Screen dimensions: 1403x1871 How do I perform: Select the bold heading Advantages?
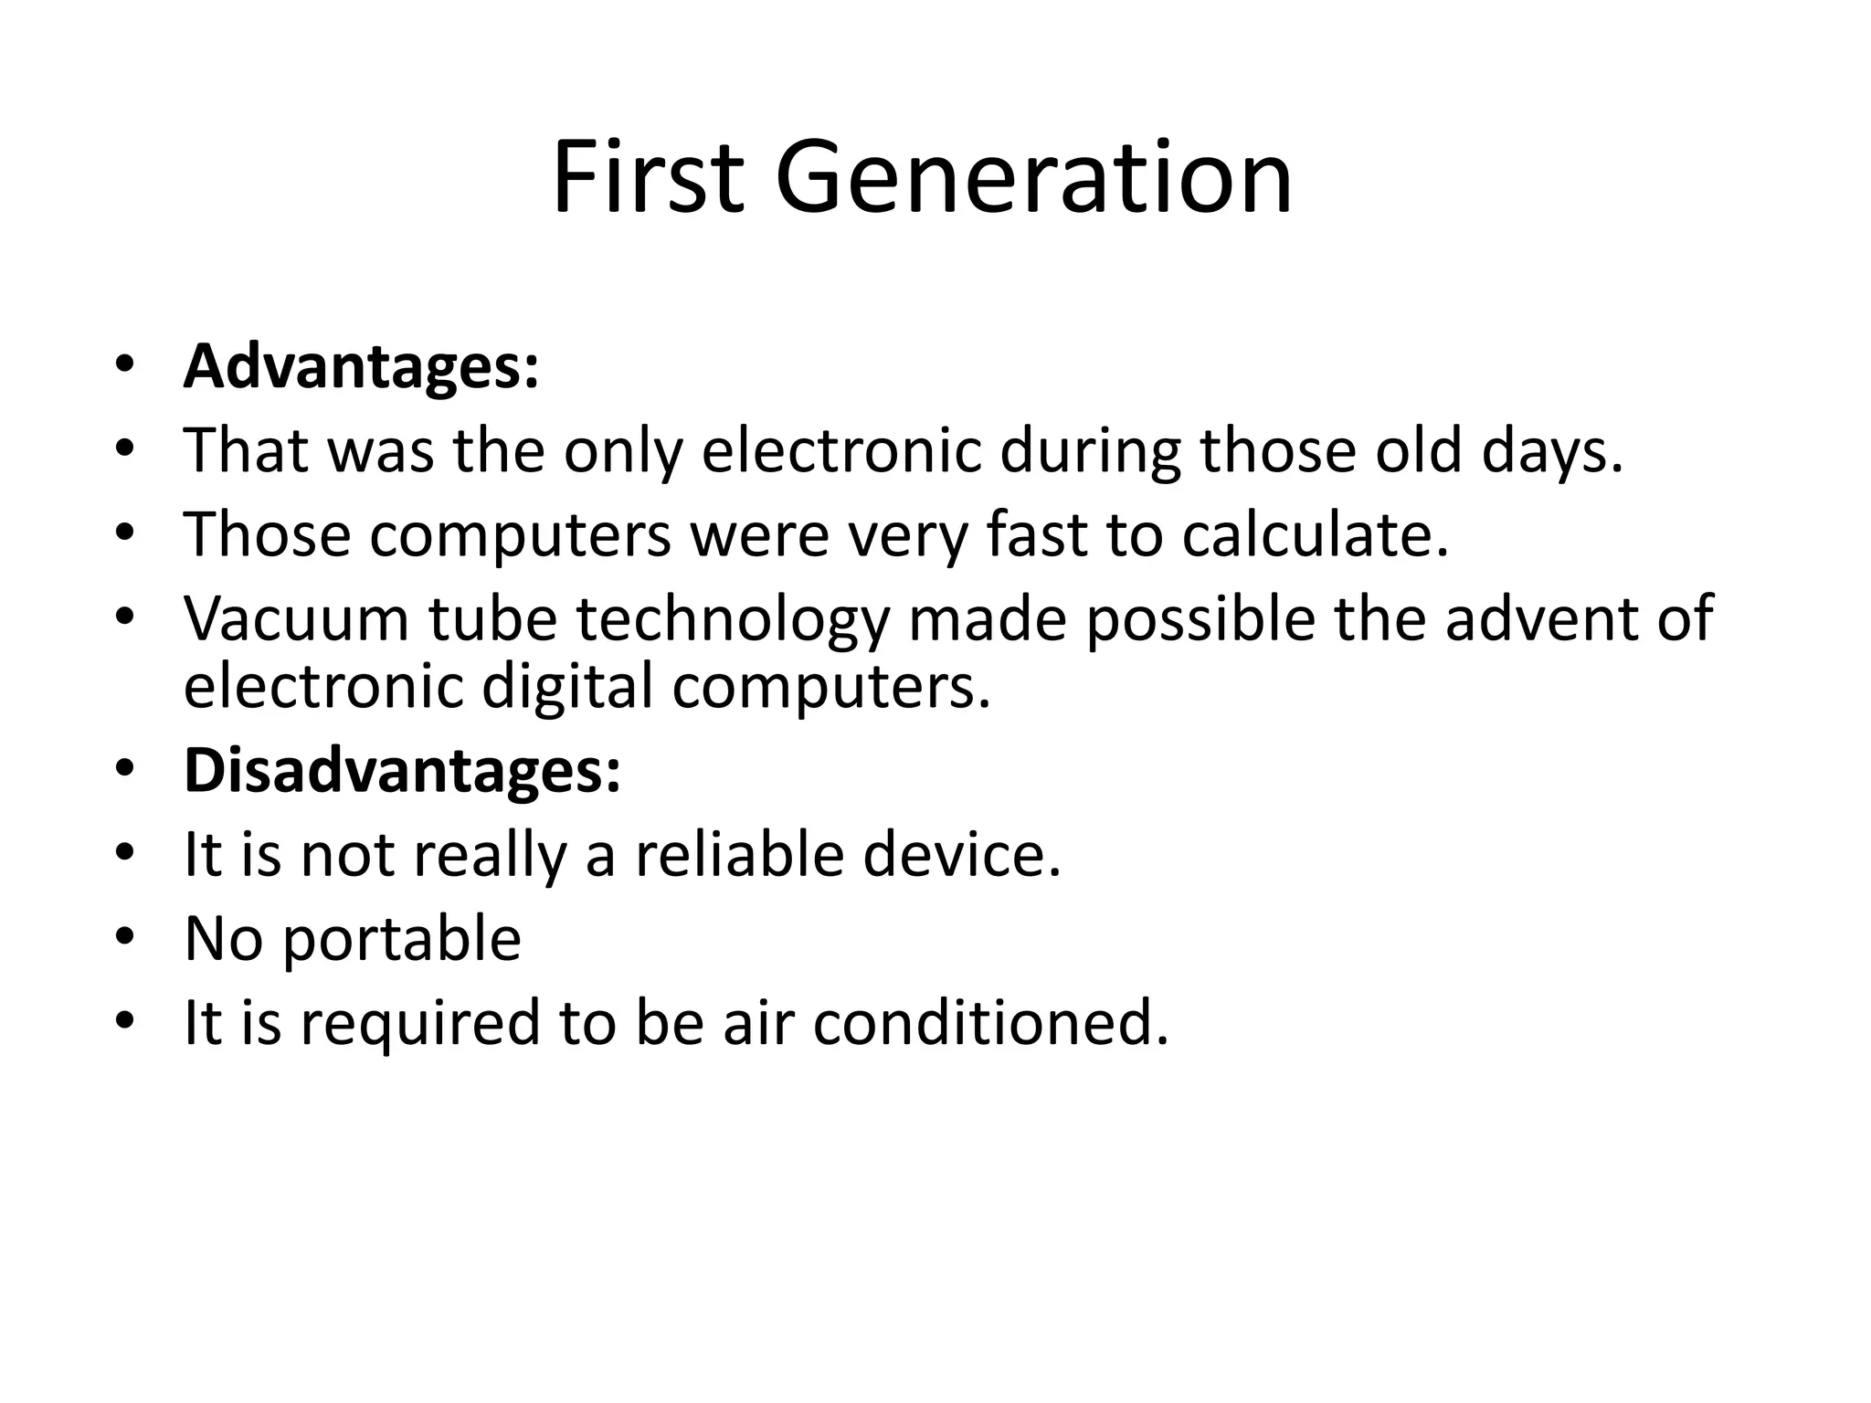coord(362,366)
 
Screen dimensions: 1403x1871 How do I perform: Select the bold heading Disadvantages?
coord(403,770)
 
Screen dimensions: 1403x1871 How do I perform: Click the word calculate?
coord(1315,534)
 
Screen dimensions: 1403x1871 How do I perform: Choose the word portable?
coord(402,941)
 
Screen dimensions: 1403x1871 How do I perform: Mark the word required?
coord(420,1024)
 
